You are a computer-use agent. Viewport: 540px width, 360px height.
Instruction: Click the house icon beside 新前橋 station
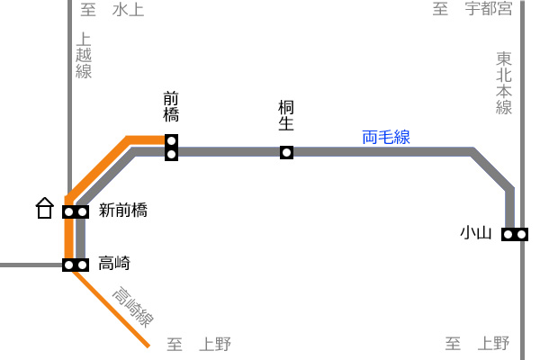(x=45, y=208)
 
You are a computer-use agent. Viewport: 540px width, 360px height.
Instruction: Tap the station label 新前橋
(x=123, y=210)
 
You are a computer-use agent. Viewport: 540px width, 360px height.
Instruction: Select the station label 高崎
(x=114, y=263)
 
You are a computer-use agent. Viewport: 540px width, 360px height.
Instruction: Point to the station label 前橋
(x=171, y=106)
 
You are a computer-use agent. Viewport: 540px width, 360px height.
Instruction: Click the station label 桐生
(x=286, y=115)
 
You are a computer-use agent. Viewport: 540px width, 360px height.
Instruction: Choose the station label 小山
(x=476, y=233)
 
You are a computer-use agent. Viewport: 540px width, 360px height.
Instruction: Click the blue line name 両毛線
(x=386, y=137)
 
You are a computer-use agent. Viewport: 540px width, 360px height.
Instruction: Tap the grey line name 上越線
(x=84, y=56)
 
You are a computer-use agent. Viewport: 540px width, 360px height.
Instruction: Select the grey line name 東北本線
(x=504, y=83)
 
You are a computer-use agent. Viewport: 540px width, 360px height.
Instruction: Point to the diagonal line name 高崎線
(x=133, y=307)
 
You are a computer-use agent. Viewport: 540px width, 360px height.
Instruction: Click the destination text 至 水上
(x=112, y=10)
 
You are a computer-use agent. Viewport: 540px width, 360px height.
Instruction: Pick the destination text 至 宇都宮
(x=472, y=9)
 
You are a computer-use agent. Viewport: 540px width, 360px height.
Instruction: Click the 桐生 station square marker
(x=286, y=152)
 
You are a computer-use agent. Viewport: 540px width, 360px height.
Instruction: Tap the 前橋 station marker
(x=172, y=148)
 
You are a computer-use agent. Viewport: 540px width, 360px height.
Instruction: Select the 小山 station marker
(x=515, y=235)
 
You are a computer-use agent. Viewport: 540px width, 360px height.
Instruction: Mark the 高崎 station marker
(x=76, y=265)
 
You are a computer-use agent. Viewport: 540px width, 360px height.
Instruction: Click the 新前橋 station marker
(x=76, y=211)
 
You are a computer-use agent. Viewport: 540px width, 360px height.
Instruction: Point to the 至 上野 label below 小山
(x=477, y=344)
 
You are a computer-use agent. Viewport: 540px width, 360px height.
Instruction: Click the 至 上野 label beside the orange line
(x=199, y=344)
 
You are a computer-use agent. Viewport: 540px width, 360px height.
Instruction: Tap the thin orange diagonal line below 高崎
(x=111, y=309)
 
